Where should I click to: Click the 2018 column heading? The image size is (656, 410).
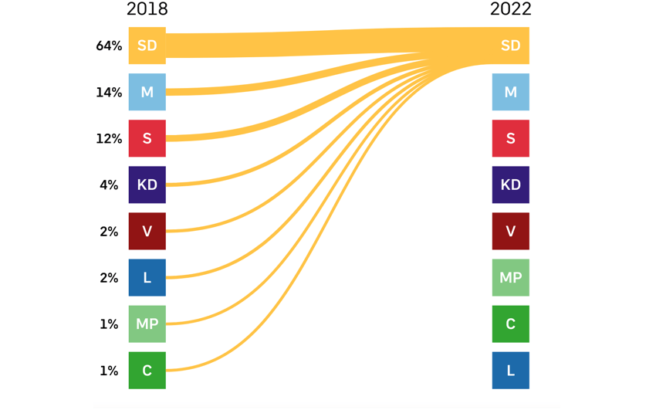click(147, 9)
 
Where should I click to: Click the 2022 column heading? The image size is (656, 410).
click(510, 9)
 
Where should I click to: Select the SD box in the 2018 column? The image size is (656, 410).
click(147, 46)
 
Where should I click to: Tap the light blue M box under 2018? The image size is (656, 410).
click(147, 92)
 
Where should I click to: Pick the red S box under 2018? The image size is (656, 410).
click(147, 138)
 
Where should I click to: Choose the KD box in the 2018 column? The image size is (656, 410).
click(147, 185)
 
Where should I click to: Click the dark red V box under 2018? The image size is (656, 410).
click(147, 231)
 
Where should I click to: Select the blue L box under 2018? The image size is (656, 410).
click(147, 277)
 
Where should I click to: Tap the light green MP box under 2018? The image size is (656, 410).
click(147, 324)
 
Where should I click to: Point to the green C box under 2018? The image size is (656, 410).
click(147, 370)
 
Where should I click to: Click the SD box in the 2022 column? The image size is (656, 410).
click(510, 46)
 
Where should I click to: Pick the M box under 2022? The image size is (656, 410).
click(510, 92)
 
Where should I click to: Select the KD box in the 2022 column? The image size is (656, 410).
click(510, 185)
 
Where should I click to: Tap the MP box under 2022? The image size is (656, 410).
click(510, 277)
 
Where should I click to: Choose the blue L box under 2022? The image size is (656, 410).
click(510, 370)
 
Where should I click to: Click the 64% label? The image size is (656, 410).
click(109, 46)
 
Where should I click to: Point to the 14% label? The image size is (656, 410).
click(109, 92)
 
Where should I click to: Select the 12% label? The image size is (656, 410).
click(109, 138)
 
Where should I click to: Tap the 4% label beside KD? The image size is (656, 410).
click(109, 185)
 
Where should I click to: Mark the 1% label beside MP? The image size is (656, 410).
click(109, 324)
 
